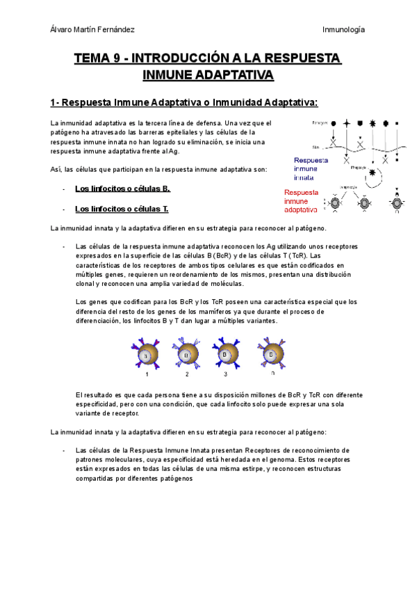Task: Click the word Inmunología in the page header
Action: (x=344, y=29)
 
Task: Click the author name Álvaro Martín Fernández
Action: (x=94, y=29)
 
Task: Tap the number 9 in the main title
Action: (x=115, y=58)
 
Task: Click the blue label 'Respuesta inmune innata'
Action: (x=306, y=168)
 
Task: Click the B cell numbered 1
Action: (x=146, y=356)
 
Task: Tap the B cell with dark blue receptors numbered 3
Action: (x=227, y=355)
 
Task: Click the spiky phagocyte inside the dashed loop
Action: (x=373, y=172)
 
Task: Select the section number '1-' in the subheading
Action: (x=55, y=103)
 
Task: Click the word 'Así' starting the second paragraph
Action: (x=56, y=169)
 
